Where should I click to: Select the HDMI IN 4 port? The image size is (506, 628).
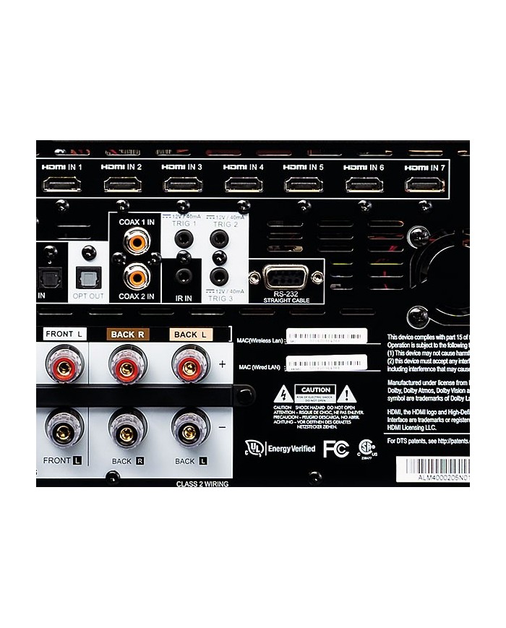click(x=244, y=184)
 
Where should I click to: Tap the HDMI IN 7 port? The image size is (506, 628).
click(x=425, y=184)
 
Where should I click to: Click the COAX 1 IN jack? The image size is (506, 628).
click(x=136, y=241)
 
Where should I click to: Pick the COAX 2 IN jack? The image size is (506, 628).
click(x=136, y=275)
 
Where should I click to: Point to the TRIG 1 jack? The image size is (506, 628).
click(x=184, y=238)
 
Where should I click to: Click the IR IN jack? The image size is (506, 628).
click(x=184, y=275)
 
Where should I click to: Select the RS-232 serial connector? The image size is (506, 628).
click(x=286, y=277)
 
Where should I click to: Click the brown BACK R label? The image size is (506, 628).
click(x=127, y=335)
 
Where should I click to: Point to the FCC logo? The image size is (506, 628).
click(x=336, y=448)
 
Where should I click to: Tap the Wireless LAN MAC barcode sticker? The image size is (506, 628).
click(x=327, y=336)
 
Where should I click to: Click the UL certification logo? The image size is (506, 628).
click(x=254, y=448)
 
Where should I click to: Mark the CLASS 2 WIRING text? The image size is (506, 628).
click(x=202, y=483)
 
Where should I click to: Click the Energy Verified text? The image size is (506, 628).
click(x=291, y=449)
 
